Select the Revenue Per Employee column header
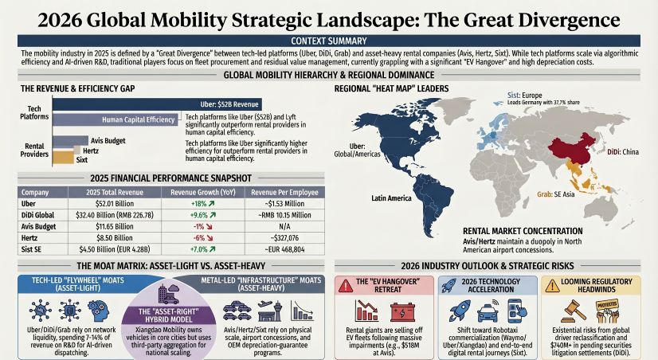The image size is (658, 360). click(278, 192)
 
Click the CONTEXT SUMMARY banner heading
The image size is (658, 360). click(328, 41)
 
